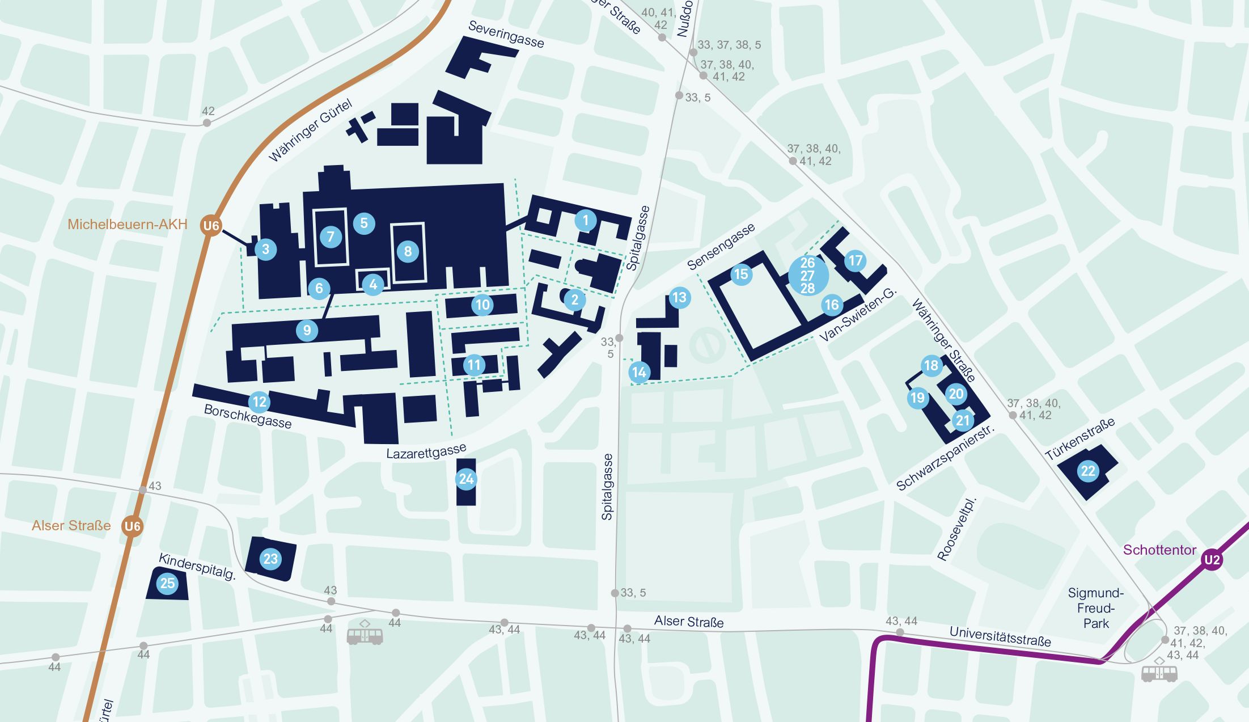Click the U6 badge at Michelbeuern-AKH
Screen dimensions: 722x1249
point(211,226)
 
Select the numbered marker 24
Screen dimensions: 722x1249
point(466,479)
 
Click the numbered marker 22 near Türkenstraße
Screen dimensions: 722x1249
point(1087,471)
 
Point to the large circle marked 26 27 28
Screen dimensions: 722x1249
point(808,276)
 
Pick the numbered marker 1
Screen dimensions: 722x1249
point(586,220)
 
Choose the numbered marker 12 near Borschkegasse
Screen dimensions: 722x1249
point(259,402)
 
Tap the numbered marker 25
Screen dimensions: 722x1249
point(167,583)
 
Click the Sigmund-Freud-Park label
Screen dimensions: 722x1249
point(1095,608)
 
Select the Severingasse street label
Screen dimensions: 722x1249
point(506,35)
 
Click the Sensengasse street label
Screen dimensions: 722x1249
point(721,246)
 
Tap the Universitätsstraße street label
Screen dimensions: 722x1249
point(1000,636)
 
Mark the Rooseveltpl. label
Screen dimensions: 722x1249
point(956,530)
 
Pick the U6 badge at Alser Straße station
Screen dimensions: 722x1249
point(132,526)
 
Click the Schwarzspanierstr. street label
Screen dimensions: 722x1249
point(945,457)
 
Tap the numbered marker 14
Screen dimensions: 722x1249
point(638,372)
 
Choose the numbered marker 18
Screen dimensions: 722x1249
point(931,365)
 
